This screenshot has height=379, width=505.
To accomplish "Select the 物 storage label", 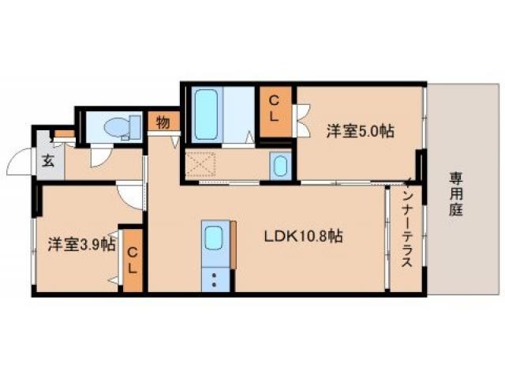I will pos(163,123).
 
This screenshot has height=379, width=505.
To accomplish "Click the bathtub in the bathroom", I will pos(207,114).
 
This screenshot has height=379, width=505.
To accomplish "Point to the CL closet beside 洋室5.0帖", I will pos(275,109).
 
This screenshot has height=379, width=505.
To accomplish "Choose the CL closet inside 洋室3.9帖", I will pos(133,260).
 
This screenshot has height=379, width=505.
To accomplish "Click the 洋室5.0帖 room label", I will pos(360,133).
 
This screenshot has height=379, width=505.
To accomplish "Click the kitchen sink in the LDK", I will pos(214,237).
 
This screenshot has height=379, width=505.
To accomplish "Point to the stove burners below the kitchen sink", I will pos(213,277).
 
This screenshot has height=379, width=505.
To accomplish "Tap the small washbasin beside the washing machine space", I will pos(279,166).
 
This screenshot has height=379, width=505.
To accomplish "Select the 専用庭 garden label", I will pos(457,193).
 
